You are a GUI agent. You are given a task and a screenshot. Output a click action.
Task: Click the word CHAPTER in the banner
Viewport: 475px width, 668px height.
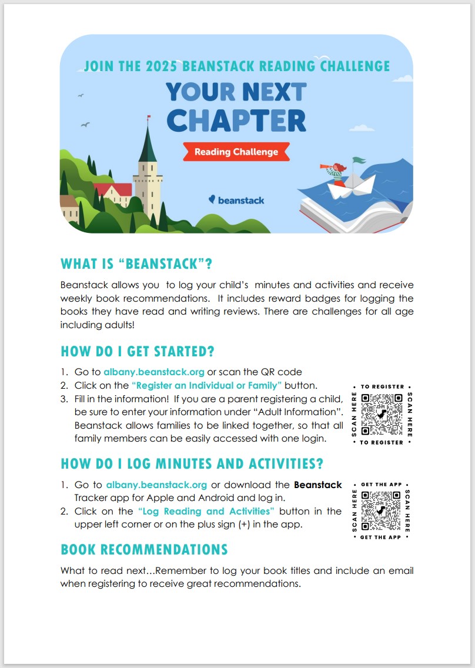[x=236, y=121]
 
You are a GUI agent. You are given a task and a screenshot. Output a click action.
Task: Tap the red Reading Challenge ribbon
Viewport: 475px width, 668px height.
[x=236, y=152]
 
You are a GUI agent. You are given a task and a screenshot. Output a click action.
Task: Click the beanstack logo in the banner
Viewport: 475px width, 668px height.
[x=236, y=200]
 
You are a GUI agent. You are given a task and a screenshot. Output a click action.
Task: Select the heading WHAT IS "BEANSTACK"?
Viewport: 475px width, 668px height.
[x=136, y=264]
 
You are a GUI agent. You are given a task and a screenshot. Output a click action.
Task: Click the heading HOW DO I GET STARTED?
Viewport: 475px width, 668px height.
[x=138, y=352]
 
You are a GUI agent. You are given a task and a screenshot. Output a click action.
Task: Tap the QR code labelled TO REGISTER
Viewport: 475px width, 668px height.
[x=382, y=414]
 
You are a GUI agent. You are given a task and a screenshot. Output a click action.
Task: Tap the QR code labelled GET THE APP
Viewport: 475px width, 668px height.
[x=382, y=510]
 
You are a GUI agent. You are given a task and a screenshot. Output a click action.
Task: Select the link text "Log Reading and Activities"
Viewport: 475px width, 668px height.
[x=206, y=511]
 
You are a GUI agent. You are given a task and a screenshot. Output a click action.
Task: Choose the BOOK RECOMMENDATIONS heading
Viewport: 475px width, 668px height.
[x=144, y=550]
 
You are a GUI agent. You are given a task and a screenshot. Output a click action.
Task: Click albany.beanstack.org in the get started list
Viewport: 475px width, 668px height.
[x=154, y=372]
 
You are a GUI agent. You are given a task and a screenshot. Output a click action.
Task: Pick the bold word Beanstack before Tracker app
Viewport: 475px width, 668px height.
[x=317, y=485]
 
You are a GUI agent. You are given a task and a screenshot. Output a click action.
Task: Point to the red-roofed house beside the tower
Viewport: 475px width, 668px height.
[x=113, y=191]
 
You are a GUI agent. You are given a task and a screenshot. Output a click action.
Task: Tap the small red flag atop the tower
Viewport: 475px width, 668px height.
[x=148, y=118]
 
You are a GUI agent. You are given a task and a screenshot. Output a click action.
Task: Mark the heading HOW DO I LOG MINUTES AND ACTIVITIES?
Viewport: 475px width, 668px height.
[x=192, y=463]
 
